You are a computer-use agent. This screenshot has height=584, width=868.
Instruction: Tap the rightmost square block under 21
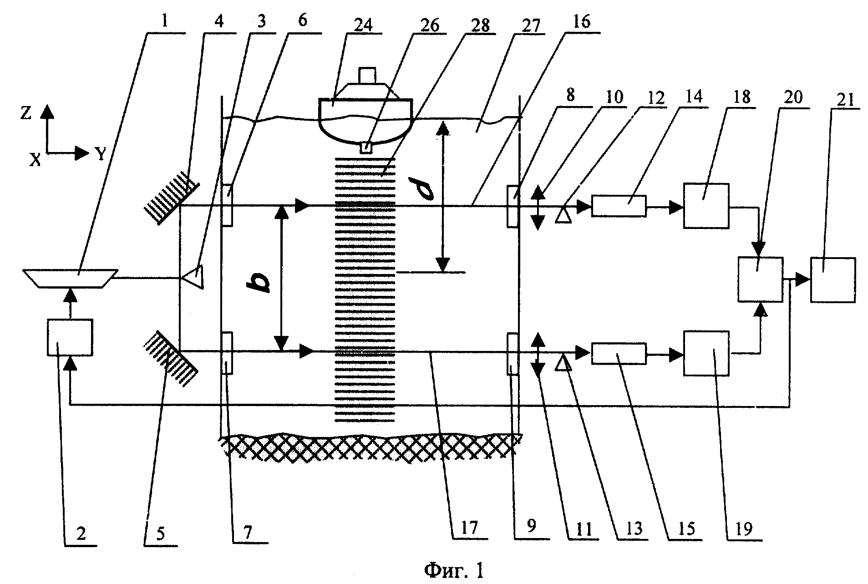832,279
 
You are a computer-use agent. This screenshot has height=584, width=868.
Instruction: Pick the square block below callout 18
706,206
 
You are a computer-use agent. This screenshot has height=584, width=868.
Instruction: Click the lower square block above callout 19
706,353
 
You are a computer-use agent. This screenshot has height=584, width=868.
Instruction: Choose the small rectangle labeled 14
618,206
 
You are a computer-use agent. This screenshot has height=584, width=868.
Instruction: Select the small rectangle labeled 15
618,353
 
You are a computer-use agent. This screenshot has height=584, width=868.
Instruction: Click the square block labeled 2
70,337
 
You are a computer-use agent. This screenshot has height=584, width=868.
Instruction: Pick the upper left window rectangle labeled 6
228,205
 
